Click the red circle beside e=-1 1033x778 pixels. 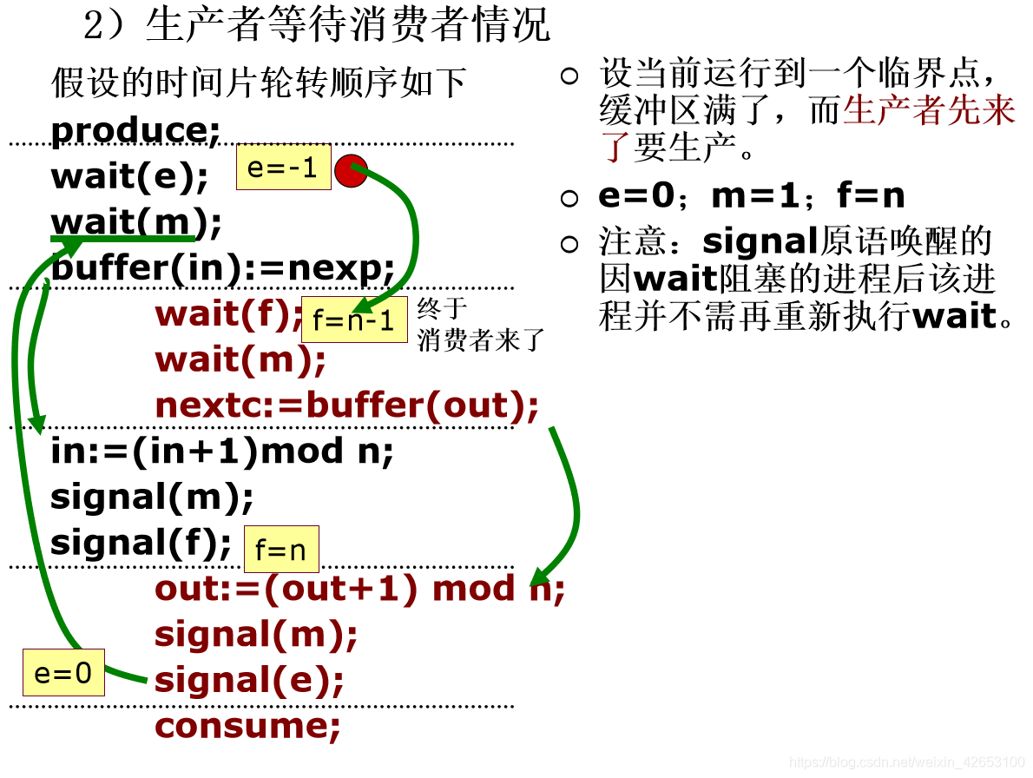click(x=351, y=171)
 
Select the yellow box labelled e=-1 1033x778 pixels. click(x=283, y=167)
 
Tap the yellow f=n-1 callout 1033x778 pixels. click(x=354, y=320)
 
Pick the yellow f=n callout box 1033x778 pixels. click(x=280, y=549)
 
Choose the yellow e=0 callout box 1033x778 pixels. click(x=63, y=672)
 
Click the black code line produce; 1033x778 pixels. click(x=136, y=130)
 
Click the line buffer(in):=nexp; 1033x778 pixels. click(x=223, y=268)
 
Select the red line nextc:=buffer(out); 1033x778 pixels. click(x=346, y=405)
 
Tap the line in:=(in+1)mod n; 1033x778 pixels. click(x=222, y=451)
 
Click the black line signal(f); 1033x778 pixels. click(x=141, y=543)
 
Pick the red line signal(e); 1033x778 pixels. click(x=249, y=680)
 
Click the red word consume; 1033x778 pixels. click(x=247, y=726)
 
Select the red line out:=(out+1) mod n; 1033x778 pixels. click(x=359, y=589)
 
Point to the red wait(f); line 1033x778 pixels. click(x=228, y=313)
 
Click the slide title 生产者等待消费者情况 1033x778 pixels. click(x=347, y=26)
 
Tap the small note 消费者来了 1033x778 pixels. click(x=480, y=340)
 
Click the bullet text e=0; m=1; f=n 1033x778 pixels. click(x=751, y=196)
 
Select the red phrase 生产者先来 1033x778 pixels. click(x=928, y=111)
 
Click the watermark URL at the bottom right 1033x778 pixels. click(x=906, y=762)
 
